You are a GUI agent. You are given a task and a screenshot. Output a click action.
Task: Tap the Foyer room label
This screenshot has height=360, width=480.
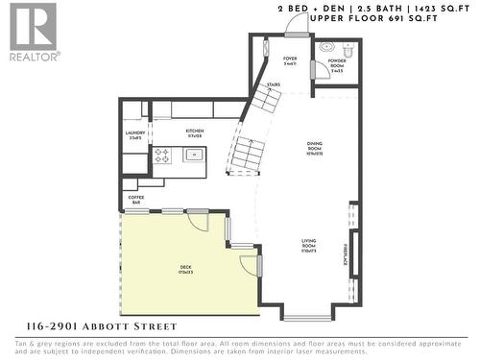pos(290,60)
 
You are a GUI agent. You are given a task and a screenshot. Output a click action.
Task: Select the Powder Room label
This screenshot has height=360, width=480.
pos(337,67)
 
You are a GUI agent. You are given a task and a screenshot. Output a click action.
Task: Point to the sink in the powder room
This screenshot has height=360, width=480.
pos(326,47)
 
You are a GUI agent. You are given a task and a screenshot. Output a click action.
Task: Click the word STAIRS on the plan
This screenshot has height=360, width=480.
pos(274,84)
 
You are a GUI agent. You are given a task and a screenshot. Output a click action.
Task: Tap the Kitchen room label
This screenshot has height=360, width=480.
pos(195,133)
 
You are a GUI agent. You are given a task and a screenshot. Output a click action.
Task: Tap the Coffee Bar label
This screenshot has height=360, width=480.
pos(135,200)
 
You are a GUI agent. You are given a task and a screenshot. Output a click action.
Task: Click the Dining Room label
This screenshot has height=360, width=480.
pos(314,147)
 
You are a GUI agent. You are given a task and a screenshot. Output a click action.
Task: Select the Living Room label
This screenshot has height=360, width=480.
pos(309,245)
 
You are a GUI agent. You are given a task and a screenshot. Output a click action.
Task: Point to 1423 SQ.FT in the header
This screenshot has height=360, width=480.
pos(431,8)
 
